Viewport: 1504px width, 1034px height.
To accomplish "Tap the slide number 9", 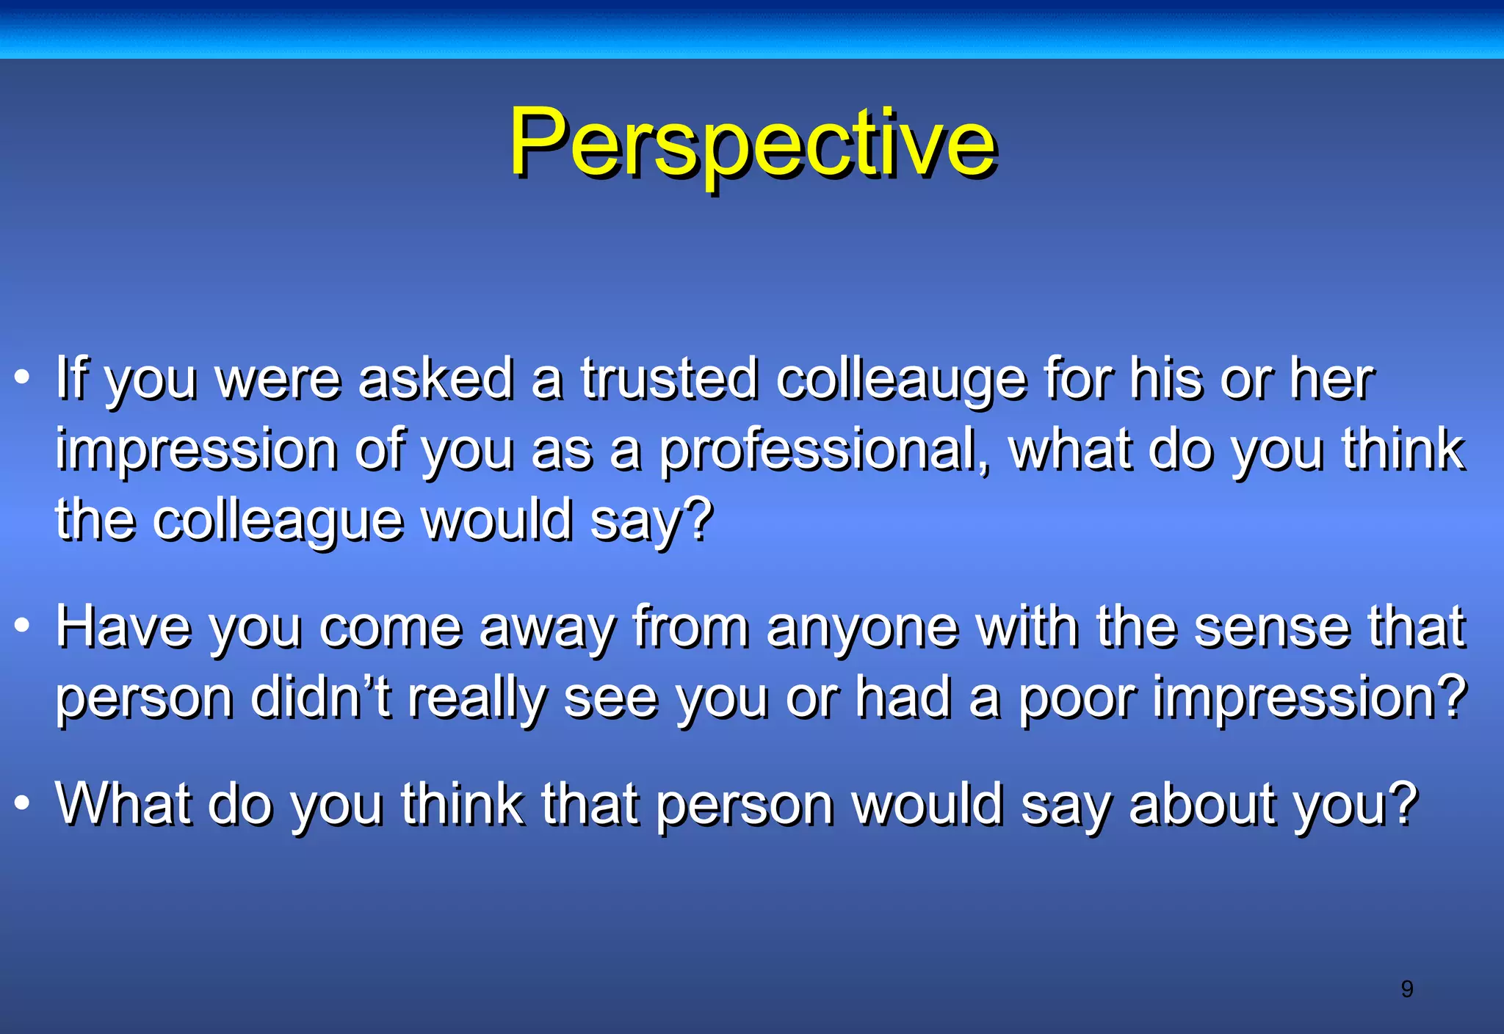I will tap(1406, 989).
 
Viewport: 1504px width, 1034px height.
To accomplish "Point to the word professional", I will tap(822, 450).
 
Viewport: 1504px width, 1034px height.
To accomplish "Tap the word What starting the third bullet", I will tap(123, 803).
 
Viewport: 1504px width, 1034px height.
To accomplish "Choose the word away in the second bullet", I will tap(546, 629).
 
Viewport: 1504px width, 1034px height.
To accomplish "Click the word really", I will tap(477, 698).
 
